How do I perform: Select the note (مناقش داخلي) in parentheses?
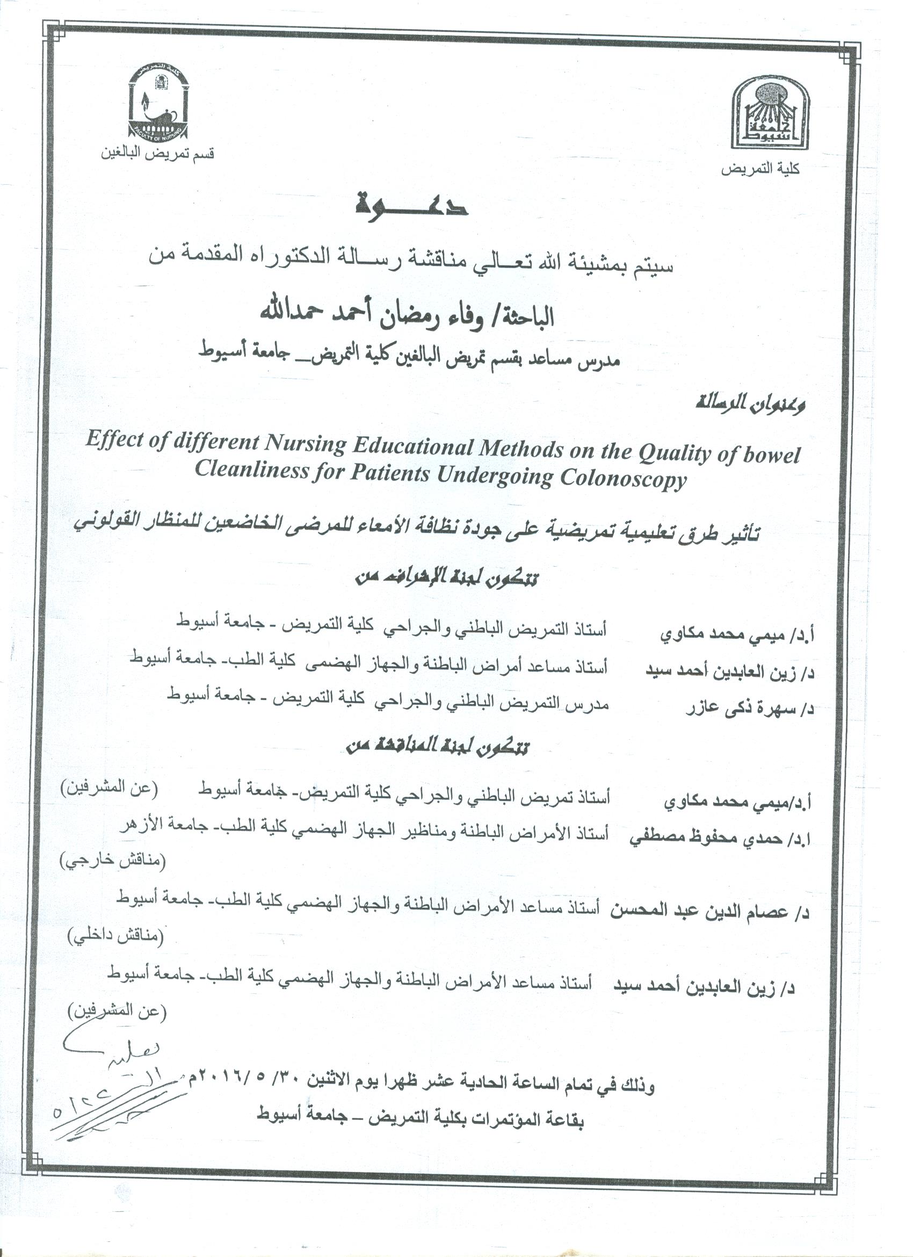click(x=115, y=936)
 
